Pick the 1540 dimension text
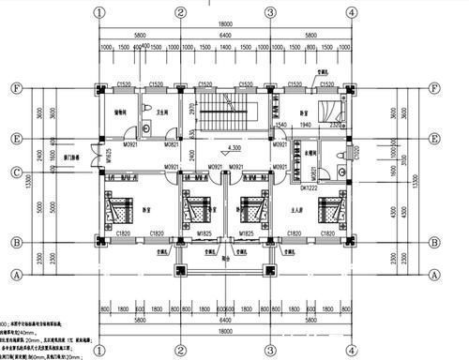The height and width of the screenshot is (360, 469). tap(280, 123)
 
